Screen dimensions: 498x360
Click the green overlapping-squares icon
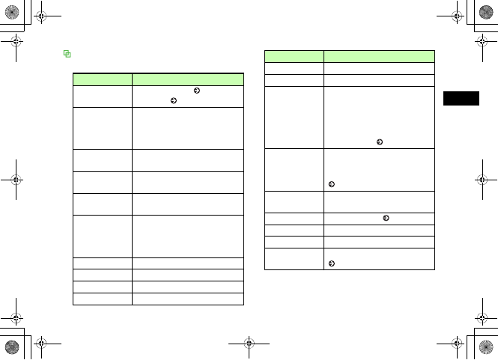pos(67,54)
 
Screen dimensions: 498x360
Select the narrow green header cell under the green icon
pos(102,78)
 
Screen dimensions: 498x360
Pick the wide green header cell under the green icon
pos(188,78)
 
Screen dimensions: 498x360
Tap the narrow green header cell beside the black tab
pos(294,56)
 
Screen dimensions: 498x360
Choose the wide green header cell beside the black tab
pos(379,56)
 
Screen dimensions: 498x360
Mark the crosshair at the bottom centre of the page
pos(249,346)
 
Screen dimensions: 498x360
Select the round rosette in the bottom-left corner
pos(12,347)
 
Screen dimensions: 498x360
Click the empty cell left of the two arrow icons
pos(102,96)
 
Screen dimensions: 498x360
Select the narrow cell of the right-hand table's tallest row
pos(294,117)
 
